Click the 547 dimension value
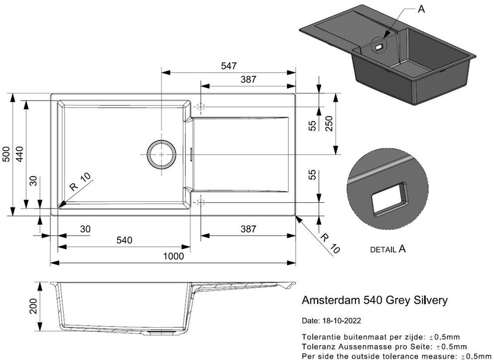click(x=229, y=66)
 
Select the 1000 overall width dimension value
click(x=174, y=256)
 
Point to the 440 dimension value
click(x=20, y=155)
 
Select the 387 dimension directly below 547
click(x=248, y=79)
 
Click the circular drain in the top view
click(x=161, y=154)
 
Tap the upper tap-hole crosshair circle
click(x=201, y=107)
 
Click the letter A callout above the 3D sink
click(x=421, y=9)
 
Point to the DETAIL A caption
click(x=388, y=249)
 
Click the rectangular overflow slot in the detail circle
click(x=389, y=199)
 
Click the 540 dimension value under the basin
click(x=124, y=240)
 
